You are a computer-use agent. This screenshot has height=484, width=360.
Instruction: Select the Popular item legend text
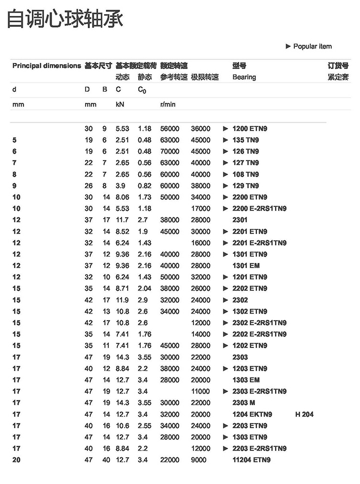coord(312,46)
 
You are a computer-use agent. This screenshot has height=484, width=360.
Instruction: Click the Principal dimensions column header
coord(47,66)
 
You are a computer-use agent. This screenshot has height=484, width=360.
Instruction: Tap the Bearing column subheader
coord(244,77)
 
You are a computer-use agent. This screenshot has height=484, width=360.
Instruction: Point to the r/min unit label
coord(168,104)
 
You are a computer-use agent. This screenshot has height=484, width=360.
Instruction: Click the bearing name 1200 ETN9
coord(250,129)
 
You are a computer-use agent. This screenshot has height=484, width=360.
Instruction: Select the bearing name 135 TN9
coord(246,140)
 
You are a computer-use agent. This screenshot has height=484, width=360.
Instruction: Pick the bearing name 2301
coord(240,220)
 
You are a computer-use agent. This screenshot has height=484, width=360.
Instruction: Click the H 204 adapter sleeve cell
coord(304,414)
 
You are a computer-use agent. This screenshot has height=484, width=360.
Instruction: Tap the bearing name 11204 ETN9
coord(252,460)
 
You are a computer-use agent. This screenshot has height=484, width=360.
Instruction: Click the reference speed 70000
coord(170,152)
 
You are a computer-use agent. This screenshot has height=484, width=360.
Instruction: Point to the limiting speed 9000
coord(198,460)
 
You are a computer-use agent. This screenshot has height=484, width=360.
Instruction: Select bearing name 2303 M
coord(243,403)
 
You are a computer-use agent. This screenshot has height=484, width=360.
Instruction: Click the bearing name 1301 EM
coord(246,265)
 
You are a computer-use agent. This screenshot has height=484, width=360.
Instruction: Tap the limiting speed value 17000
coord(200,208)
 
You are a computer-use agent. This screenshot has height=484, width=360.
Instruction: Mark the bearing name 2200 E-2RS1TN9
coord(260,208)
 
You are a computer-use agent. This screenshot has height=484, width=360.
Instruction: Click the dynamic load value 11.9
coord(122,300)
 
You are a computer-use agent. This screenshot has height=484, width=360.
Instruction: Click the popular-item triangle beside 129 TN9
coord(226,186)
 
